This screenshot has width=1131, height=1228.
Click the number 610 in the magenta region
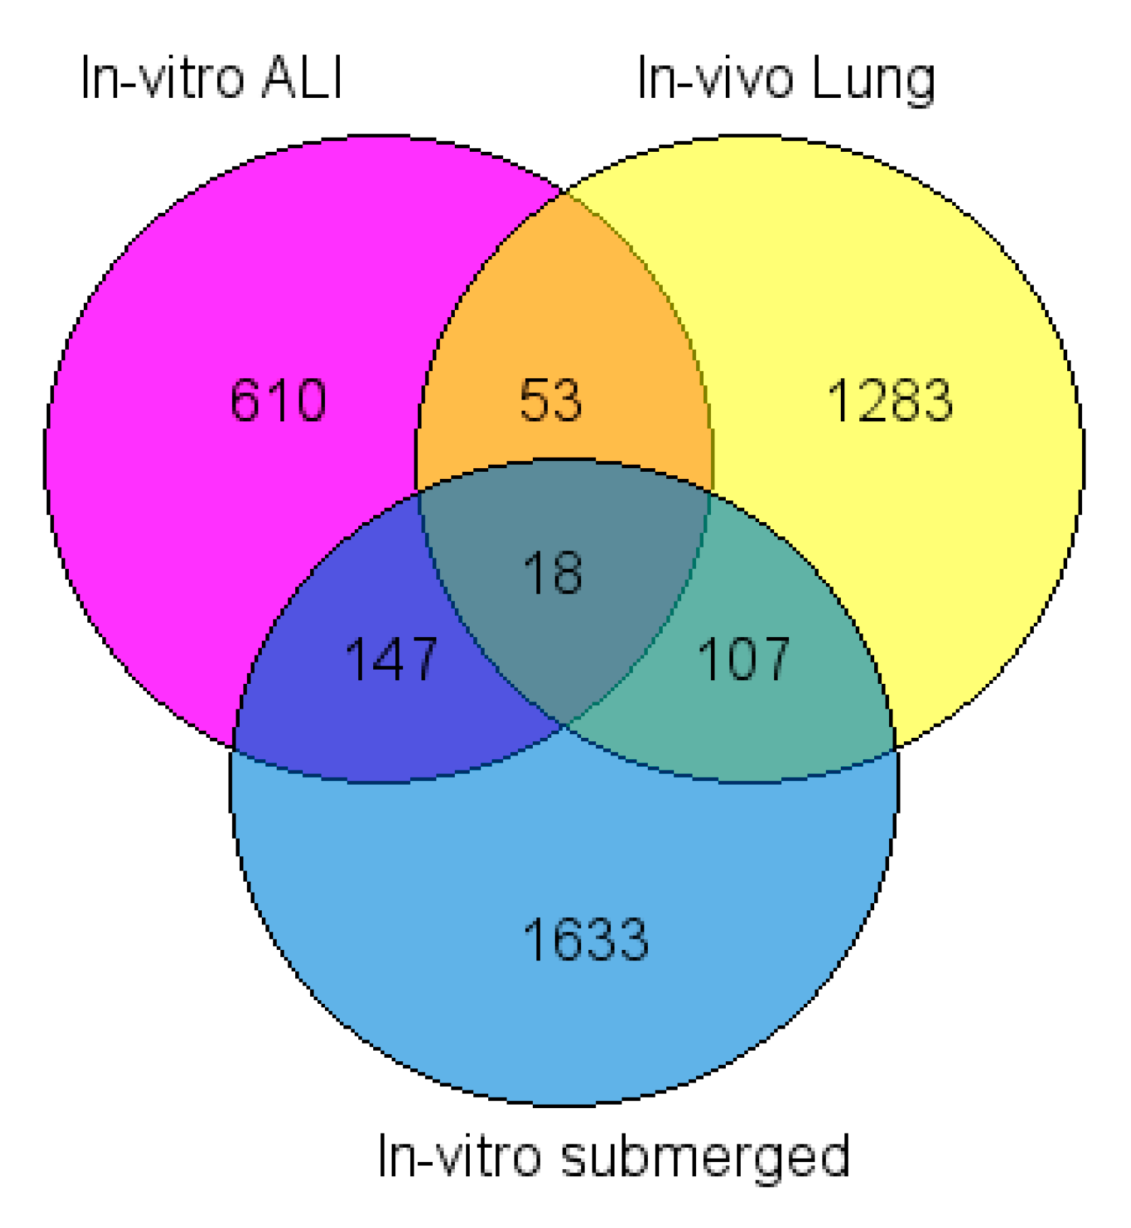pos(278,401)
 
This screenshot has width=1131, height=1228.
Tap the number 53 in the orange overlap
pos(551,401)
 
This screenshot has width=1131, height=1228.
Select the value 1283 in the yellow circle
pos(890,401)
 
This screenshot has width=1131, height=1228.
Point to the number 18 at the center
pos(553,572)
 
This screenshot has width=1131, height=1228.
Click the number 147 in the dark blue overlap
pos(391,659)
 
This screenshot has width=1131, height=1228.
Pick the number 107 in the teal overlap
pos(743,659)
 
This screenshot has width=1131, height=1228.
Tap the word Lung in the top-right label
pos(873,79)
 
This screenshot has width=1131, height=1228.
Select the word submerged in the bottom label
pos(705,1156)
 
